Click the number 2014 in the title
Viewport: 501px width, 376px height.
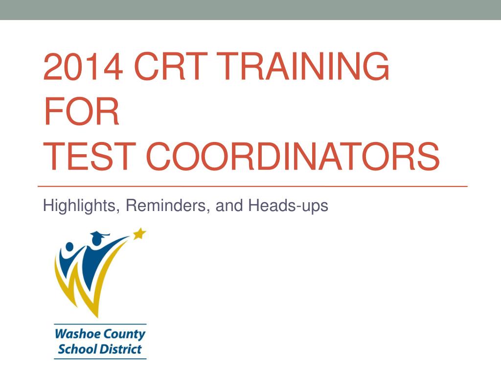click(x=83, y=66)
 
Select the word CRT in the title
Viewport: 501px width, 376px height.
click(x=171, y=66)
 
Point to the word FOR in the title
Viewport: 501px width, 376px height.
click(x=82, y=111)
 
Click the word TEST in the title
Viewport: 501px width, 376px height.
click(x=90, y=157)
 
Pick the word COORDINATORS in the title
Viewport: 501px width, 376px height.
click(x=293, y=157)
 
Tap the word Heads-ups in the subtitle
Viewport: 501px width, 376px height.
click(x=288, y=206)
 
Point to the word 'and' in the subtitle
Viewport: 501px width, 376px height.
click(x=229, y=205)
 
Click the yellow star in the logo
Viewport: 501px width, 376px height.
click(x=139, y=234)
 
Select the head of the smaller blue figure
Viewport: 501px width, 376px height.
click(x=69, y=247)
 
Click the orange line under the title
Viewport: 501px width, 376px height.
click(x=252, y=186)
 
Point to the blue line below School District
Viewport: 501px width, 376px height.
click(x=100, y=358)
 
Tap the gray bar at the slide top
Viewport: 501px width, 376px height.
click(x=250, y=10)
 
